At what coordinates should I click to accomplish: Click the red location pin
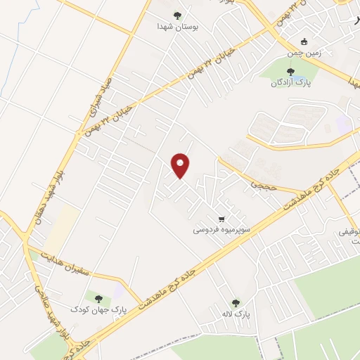(x=181, y=165)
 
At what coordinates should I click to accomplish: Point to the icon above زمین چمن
(x=303, y=41)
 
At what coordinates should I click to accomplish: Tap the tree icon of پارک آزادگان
(x=290, y=70)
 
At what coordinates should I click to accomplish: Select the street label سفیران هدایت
(x=67, y=262)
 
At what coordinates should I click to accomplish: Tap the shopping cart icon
(x=223, y=218)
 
